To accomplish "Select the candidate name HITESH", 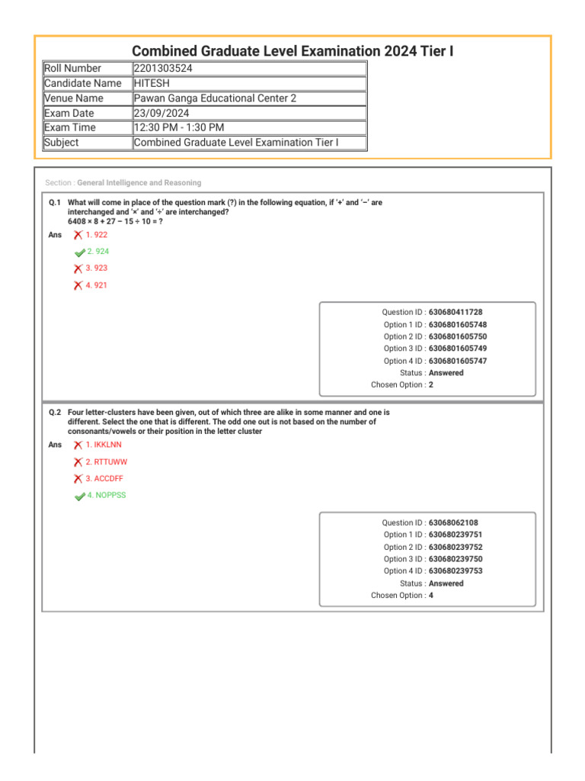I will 152,83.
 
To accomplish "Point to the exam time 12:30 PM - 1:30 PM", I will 179,127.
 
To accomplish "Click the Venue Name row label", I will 73,98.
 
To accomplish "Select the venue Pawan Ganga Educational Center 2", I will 215,98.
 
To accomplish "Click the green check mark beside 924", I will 80,252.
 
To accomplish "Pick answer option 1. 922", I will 97,235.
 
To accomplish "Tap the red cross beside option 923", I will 78,268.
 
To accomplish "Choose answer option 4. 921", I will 97,285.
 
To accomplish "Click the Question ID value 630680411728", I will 456,313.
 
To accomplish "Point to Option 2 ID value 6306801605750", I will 458,336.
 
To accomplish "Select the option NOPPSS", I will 107,495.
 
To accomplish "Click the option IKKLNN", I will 104,444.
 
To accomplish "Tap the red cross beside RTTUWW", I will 78,462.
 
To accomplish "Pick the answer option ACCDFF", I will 104,478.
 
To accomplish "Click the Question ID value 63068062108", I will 453,523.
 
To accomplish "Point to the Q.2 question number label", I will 54,412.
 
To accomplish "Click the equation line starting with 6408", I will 115,221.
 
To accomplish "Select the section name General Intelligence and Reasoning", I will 139,183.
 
